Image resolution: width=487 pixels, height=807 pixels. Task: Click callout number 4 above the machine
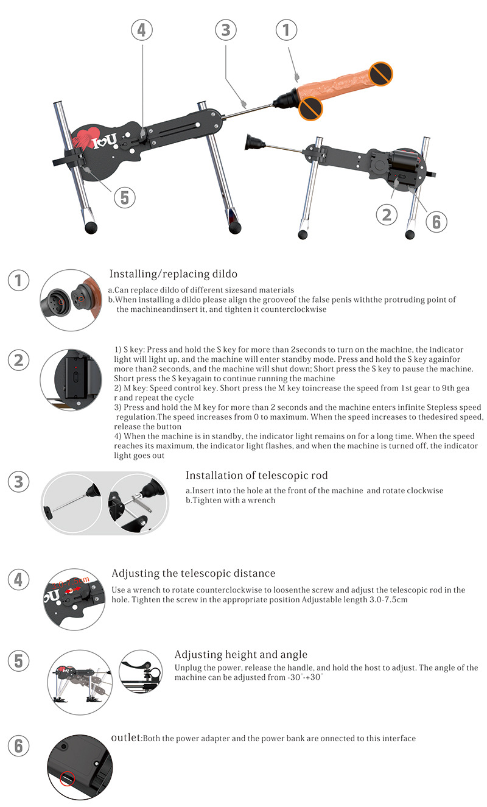click(142, 30)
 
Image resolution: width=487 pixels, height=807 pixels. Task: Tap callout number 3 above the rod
click(226, 30)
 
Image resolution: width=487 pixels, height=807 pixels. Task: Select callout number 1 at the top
click(286, 30)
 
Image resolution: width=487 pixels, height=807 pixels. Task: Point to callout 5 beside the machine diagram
click(125, 198)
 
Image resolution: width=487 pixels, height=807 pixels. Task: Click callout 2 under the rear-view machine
click(387, 215)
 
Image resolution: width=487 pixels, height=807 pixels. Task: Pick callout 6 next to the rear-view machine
click(436, 222)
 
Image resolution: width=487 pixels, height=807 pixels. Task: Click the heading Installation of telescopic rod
click(256, 476)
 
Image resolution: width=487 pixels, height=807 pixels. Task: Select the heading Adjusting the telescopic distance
click(194, 573)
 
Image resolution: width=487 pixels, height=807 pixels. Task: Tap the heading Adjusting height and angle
click(241, 654)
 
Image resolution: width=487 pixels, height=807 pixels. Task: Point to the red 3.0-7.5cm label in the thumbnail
click(70, 582)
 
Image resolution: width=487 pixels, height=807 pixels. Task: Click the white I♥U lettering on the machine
click(105, 141)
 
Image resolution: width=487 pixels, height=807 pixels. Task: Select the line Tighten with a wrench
click(231, 500)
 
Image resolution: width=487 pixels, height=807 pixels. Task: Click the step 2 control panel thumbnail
click(71, 379)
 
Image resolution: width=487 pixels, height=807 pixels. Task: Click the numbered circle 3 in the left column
click(18, 482)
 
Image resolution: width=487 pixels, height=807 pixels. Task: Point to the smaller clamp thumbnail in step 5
click(141, 672)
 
